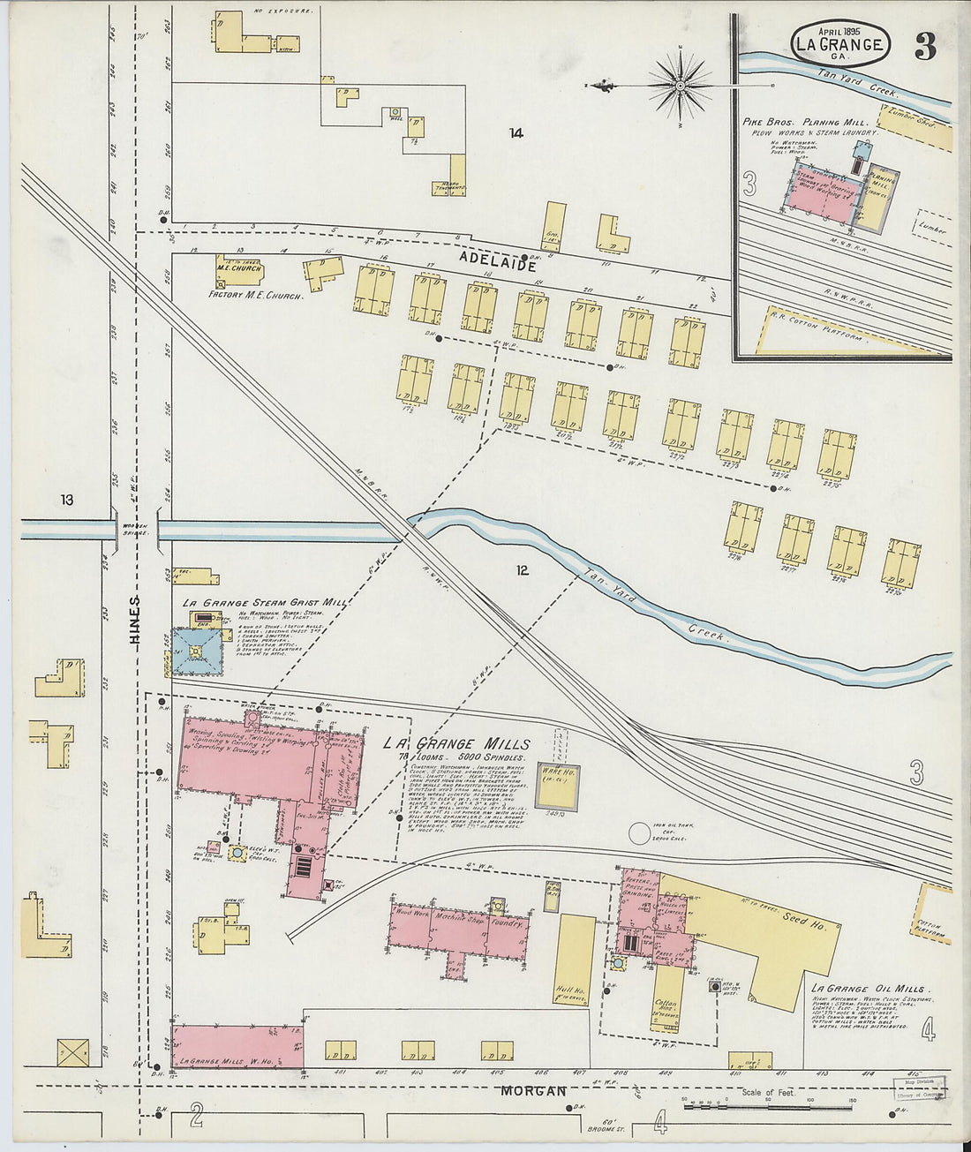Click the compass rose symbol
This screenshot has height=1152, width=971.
[681, 86]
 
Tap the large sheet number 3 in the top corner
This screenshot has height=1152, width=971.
[924, 47]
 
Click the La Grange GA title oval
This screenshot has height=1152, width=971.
[839, 44]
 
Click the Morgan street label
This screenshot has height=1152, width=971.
[533, 1091]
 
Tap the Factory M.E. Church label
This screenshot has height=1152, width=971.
[256, 296]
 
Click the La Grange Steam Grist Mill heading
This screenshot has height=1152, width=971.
[264, 602]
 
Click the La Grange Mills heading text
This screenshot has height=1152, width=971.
[456, 744]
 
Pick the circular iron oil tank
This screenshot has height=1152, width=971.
[638, 833]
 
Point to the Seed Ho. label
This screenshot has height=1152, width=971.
[804, 919]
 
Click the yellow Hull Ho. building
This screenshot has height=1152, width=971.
[575, 960]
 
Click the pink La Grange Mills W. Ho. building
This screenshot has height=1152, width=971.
[237, 1048]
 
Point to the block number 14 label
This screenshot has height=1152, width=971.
[516, 133]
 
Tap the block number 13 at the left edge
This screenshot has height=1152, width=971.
[66, 500]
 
